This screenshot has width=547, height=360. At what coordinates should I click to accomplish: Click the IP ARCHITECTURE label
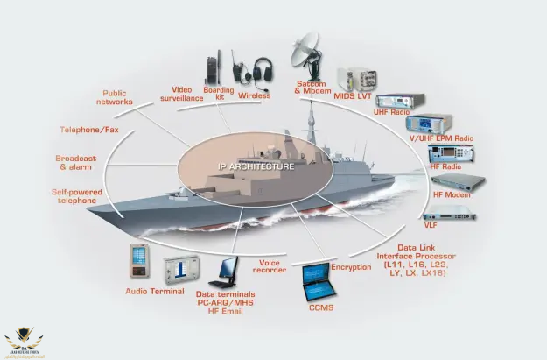coord(256,166)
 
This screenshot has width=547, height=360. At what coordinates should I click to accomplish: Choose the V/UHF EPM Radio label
coord(440,138)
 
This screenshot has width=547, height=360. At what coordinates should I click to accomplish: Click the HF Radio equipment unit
coord(452,152)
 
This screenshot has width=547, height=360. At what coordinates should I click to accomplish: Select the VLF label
coord(431,224)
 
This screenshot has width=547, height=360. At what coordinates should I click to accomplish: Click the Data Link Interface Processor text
coord(416,260)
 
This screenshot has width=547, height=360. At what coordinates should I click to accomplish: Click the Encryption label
coord(351,266)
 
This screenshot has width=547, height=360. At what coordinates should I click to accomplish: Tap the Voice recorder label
coord(270,265)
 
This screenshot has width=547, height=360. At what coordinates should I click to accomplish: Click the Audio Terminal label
coord(154,291)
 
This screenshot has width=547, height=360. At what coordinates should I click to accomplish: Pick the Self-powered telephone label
coord(77,195)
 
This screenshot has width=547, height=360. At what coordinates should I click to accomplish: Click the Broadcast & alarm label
coord(75,162)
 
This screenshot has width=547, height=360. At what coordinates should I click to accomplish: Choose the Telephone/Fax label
coord(88,130)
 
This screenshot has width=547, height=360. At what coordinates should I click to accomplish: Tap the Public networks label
coord(115,96)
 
